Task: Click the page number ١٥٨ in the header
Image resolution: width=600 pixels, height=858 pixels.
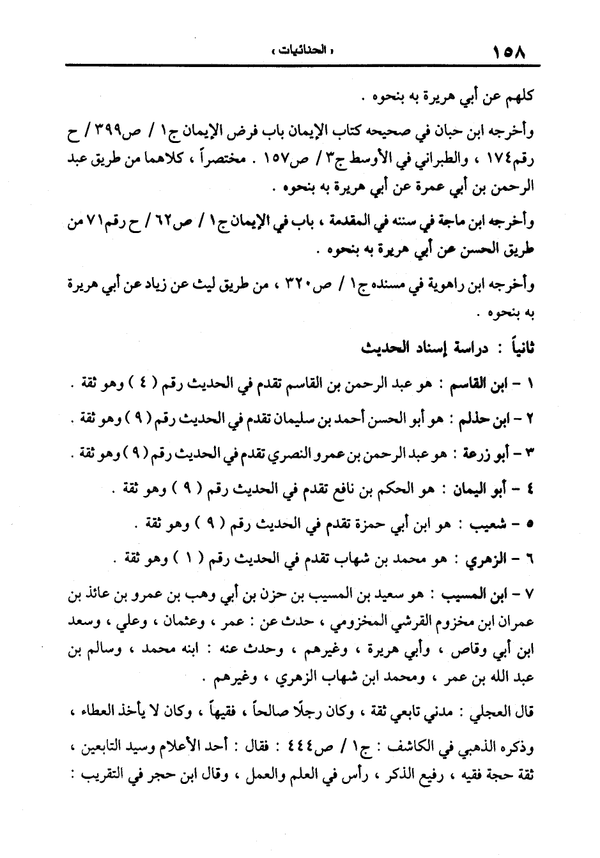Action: coord(507,50)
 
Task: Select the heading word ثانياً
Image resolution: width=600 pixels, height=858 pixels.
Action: coord(519,348)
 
